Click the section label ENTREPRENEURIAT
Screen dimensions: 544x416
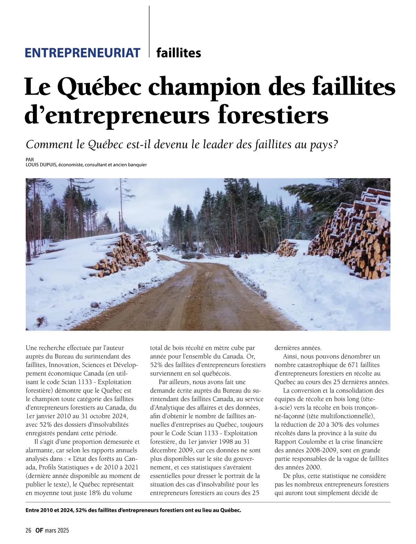click(83, 53)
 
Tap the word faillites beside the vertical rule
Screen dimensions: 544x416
click(179, 53)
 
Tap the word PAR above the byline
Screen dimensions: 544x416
click(30, 159)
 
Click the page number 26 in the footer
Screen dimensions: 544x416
click(28, 530)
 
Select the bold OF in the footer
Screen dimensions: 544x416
click(39, 530)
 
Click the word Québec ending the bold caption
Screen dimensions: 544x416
click(230, 510)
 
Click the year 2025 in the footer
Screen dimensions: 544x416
click(63, 530)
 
